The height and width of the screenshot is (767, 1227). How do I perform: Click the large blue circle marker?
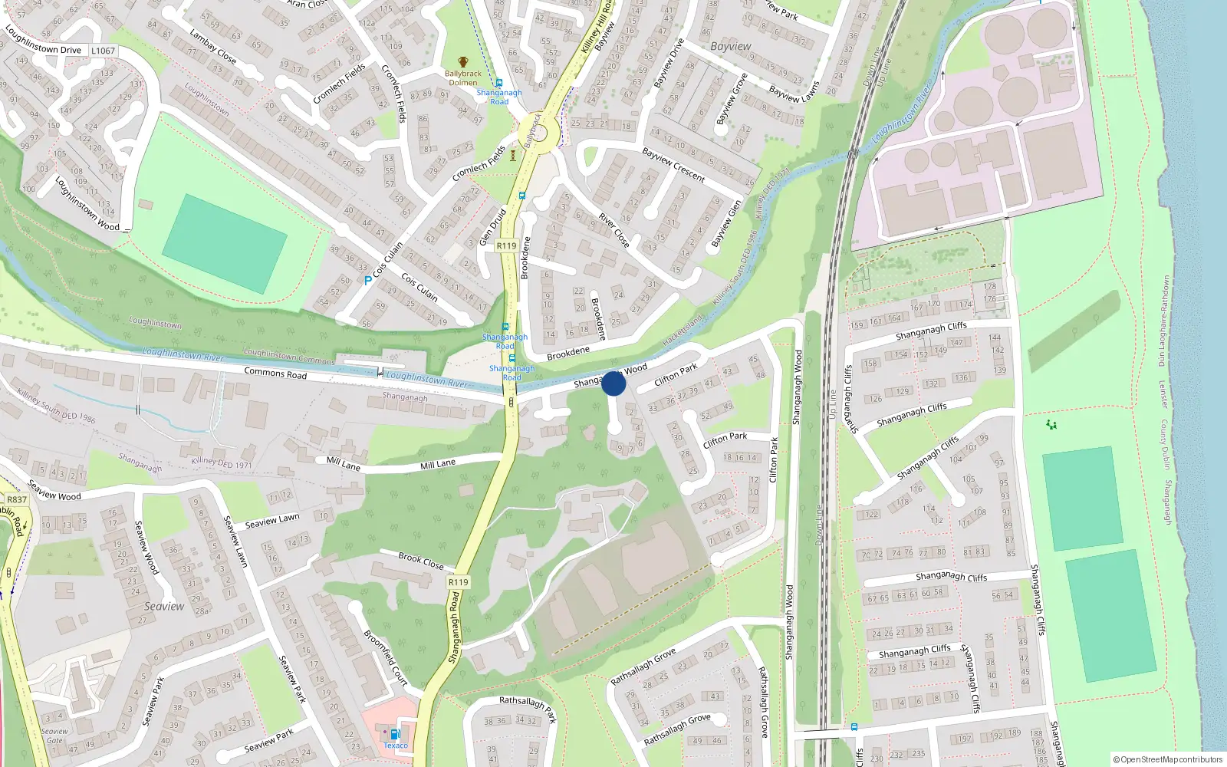click(613, 383)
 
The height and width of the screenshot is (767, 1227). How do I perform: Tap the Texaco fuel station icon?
click(395, 733)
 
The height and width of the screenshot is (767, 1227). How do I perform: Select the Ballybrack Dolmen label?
click(463, 78)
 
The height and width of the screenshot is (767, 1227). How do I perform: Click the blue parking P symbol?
click(367, 281)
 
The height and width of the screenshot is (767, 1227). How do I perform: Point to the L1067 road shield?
click(103, 51)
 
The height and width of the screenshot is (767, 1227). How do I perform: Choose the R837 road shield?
click(17, 499)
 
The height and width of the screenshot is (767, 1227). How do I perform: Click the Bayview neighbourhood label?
click(730, 46)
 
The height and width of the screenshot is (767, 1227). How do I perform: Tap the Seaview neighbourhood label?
click(164, 606)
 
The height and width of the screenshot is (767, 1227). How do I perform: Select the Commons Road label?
click(275, 374)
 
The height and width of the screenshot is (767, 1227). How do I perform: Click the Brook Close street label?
click(421, 561)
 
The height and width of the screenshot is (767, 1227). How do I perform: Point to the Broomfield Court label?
click(386, 657)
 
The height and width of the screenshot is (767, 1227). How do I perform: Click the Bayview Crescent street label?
click(673, 165)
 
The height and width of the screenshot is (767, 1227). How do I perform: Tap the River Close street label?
click(614, 231)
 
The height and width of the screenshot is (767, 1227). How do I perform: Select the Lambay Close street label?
click(213, 46)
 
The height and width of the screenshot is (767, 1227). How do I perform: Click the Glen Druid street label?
click(492, 227)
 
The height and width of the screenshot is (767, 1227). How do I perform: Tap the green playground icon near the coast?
click(1051, 424)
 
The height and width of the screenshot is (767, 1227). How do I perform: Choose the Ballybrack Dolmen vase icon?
click(463, 62)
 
